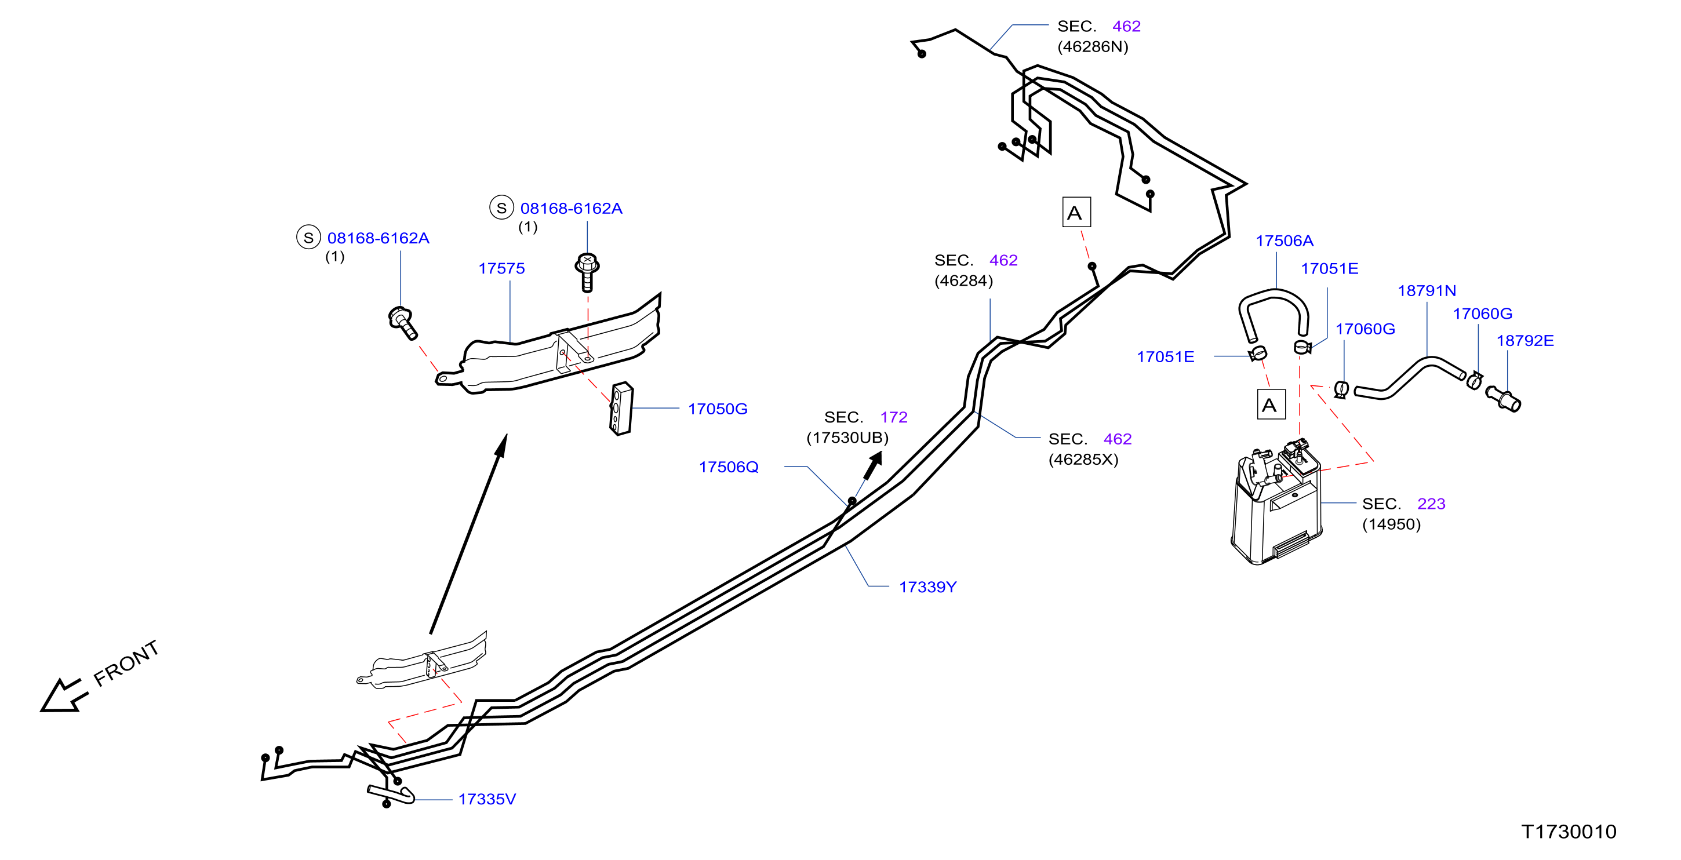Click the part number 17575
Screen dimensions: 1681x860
(501, 268)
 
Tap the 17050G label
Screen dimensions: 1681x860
(717, 409)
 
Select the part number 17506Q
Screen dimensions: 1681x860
(728, 467)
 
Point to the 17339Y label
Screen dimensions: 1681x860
(927, 586)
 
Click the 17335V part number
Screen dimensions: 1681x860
(487, 799)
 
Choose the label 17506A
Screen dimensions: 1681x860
(1285, 240)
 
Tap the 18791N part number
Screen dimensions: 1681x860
(1427, 290)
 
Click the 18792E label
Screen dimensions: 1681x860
(1525, 340)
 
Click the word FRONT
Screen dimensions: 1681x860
(126, 663)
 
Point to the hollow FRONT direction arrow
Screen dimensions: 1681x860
(63, 695)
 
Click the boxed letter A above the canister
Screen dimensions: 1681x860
(1271, 405)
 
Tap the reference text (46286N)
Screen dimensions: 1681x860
(1093, 46)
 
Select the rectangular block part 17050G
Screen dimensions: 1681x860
(621, 409)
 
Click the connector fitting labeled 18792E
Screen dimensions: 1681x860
(1504, 398)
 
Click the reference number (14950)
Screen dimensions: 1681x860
(1391, 524)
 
